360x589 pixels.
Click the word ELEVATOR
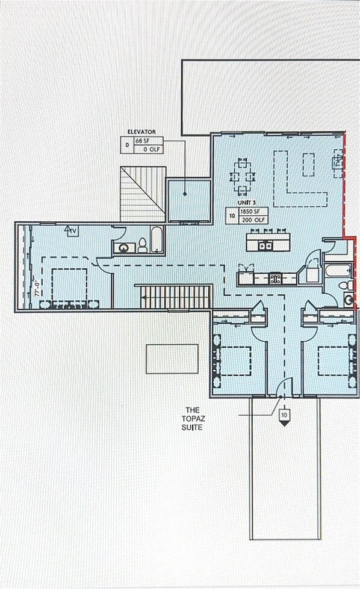(x=141, y=131)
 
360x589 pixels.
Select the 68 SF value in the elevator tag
(x=142, y=140)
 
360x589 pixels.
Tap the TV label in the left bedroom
(x=71, y=230)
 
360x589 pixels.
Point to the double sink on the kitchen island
(x=264, y=245)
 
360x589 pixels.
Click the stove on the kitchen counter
(x=275, y=279)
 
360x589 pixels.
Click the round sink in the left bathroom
(x=126, y=247)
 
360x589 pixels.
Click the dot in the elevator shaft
(x=185, y=194)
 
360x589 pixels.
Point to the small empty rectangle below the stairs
(x=172, y=359)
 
